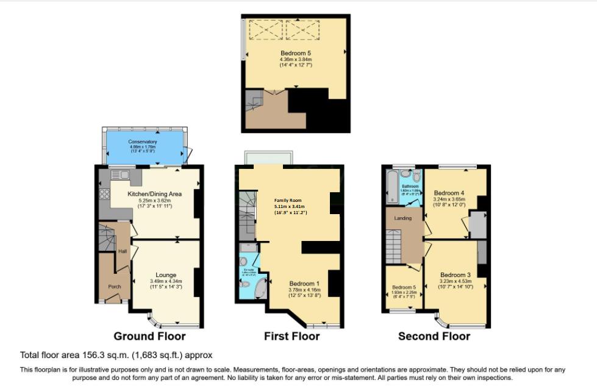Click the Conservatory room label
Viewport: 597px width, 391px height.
tap(143, 142)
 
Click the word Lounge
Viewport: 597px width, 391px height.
tap(165, 275)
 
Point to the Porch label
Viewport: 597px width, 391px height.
tap(115, 286)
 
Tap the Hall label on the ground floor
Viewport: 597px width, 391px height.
tap(122, 250)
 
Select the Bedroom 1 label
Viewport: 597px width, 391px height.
tap(304, 284)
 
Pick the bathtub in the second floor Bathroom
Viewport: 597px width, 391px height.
tap(391, 186)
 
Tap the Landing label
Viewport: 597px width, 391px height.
tap(403, 218)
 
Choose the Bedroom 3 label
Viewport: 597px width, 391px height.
tap(456, 275)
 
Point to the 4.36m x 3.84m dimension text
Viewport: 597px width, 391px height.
tap(296, 59)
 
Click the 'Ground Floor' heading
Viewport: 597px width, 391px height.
tap(149, 336)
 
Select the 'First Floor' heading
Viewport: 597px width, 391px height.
tap(291, 336)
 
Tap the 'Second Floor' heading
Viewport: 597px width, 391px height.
tap(434, 336)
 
